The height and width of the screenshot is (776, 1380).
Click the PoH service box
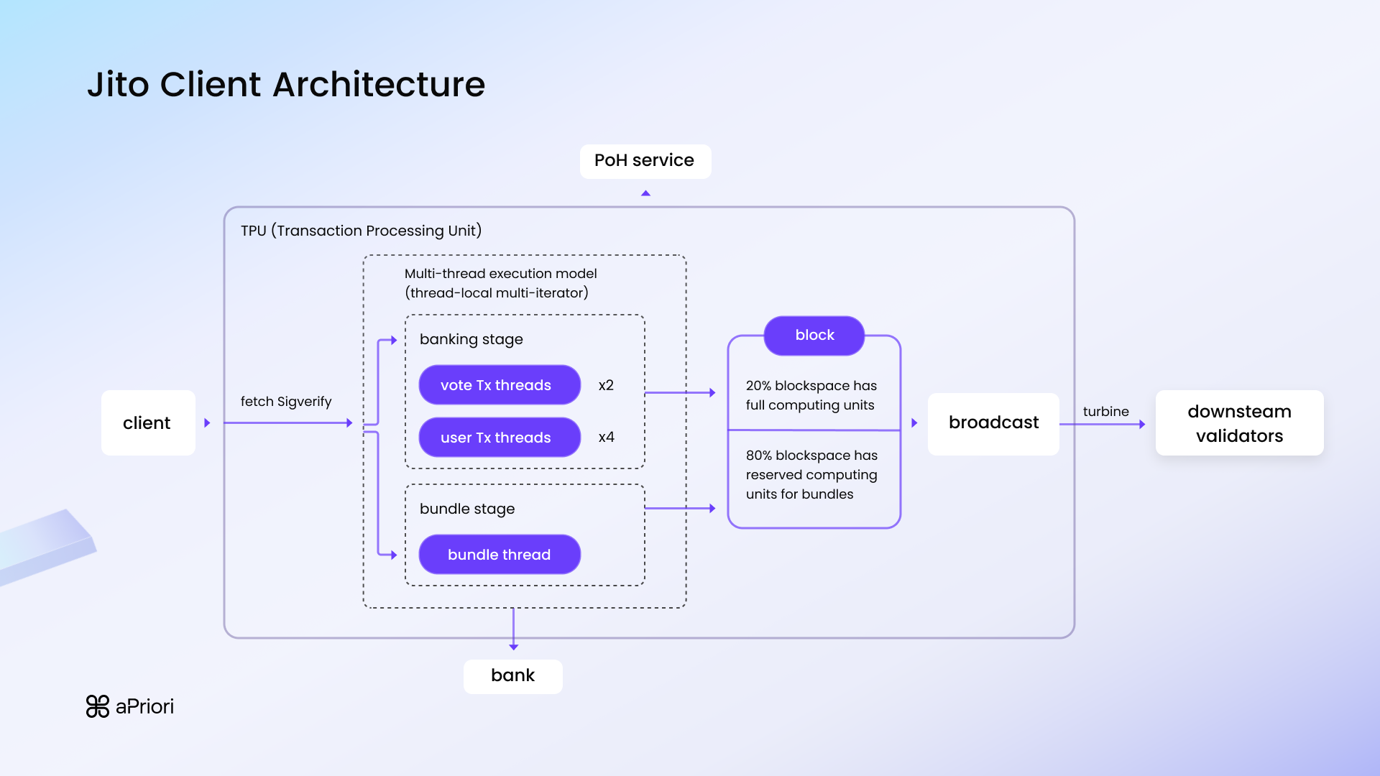pos(645,161)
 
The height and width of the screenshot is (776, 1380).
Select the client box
pos(147,422)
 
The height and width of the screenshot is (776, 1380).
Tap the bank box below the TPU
pos(512,676)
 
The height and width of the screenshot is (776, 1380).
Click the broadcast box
pos(993,422)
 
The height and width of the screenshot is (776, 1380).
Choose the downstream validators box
pos(1239,423)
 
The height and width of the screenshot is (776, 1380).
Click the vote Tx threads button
pos(499,385)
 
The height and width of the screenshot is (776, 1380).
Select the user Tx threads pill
pos(499,438)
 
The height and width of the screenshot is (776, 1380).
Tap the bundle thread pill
pos(499,555)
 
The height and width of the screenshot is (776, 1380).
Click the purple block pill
pos(814,336)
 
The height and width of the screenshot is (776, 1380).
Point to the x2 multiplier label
pos(606,385)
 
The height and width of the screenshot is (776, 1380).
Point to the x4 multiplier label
pos(606,437)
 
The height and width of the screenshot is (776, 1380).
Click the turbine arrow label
pos(1105,412)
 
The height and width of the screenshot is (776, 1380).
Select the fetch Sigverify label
pos(285,402)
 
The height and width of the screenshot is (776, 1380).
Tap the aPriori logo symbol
pos(97,706)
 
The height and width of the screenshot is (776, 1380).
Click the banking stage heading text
pos(471,339)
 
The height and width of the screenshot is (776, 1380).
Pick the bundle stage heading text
pos(466,509)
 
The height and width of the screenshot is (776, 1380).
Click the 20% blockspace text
pos(811,395)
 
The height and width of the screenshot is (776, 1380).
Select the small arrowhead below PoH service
pos(645,193)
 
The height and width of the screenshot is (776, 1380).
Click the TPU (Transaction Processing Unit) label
pos(361,231)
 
